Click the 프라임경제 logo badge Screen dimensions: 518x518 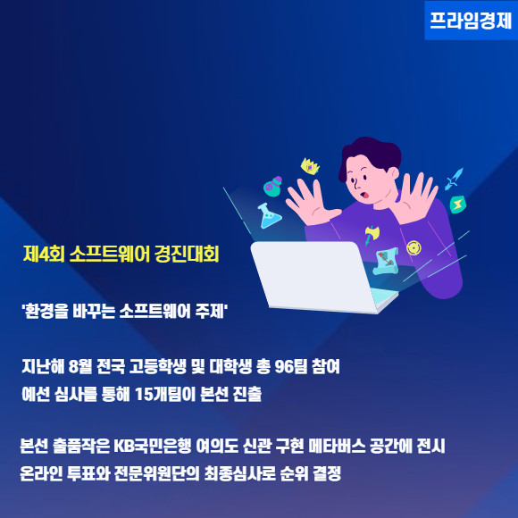point(471,21)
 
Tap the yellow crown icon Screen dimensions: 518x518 point(310,166)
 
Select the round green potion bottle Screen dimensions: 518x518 point(273,187)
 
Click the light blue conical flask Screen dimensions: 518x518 point(269,216)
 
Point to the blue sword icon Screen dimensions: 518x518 point(454,179)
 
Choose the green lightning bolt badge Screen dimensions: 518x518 point(458,205)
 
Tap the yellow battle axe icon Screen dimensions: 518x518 point(372,235)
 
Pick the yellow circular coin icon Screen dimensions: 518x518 point(414,247)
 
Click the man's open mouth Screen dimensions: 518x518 point(365,195)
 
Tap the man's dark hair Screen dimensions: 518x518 point(370,155)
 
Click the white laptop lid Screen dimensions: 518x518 point(313,275)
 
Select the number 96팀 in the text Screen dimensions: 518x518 point(291,366)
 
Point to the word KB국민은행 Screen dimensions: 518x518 point(153,446)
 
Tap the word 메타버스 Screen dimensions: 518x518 point(337,446)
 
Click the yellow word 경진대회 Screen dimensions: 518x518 point(187,254)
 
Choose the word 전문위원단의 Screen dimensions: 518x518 point(157,473)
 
